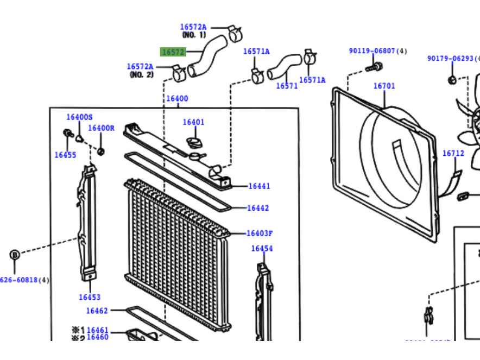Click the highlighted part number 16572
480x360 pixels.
click(173, 52)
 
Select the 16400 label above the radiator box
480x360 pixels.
click(177, 99)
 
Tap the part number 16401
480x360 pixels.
click(193, 122)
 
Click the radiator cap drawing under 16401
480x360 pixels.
click(193, 143)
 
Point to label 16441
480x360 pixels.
click(259, 186)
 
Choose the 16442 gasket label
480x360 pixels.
click(258, 208)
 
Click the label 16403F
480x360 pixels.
click(260, 233)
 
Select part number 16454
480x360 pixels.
click(262, 249)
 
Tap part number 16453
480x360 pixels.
click(90, 297)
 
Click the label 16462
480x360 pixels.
click(97, 311)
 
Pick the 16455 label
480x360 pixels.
click(65, 155)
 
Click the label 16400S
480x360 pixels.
click(80, 117)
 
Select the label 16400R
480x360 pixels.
click(102, 128)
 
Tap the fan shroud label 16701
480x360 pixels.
click(384, 86)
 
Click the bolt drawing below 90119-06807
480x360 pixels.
click(375, 67)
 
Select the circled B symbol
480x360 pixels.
click(15, 255)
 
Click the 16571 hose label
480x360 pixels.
click(287, 86)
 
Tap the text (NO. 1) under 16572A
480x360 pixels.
click(194, 35)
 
